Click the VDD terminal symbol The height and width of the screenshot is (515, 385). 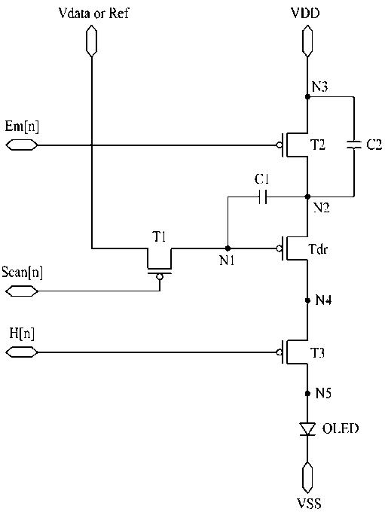point(307,41)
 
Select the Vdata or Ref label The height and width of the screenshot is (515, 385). point(93,13)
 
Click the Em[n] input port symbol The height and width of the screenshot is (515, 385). point(22,145)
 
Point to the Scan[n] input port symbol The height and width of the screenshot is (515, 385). point(22,291)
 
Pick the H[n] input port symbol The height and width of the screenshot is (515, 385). point(22,352)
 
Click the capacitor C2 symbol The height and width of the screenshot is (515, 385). point(354,145)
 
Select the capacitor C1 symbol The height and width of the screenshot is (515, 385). point(262,197)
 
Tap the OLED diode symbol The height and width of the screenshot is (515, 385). point(307,429)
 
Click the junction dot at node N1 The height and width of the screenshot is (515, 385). point(228,248)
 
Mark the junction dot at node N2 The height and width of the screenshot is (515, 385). point(307,197)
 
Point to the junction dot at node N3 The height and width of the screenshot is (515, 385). point(307,97)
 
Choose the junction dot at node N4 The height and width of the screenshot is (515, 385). point(307,300)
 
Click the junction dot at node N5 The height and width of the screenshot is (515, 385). point(307,393)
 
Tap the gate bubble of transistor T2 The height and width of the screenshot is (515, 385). point(279,145)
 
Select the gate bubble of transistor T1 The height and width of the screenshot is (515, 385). point(160,276)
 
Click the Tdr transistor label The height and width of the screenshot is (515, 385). point(318,249)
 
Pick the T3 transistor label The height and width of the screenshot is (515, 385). point(318,353)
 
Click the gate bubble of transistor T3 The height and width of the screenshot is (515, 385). point(279,352)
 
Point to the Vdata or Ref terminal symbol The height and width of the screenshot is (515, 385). point(91,41)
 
